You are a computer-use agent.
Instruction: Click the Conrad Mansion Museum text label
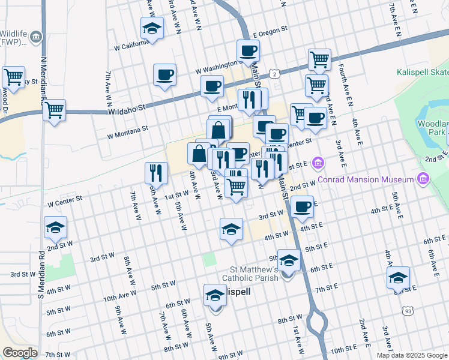pyautogui.click(x=366, y=179)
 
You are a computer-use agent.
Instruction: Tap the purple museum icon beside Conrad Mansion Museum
pyautogui.click(x=424, y=179)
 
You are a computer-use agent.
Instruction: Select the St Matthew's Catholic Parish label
pyautogui.click(x=250, y=274)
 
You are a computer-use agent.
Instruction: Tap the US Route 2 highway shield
pyautogui.click(x=274, y=73)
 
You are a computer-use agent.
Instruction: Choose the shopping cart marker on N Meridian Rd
pyautogui.click(x=55, y=110)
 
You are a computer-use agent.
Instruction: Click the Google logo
pyautogui.click(x=20, y=353)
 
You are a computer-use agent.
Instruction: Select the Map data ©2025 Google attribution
pyautogui.click(x=412, y=355)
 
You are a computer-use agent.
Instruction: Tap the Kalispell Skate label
pyautogui.click(x=422, y=73)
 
